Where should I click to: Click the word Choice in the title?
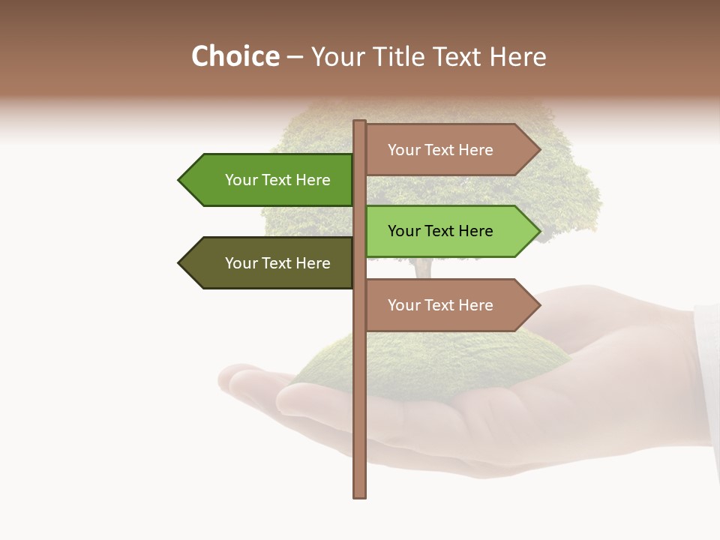[x=235, y=57]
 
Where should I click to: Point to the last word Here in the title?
[x=517, y=57]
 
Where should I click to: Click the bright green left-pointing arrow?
[x=270, y=180]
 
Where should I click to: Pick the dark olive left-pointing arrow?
[x=270, y=263]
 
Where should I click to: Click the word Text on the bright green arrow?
[x=278, y=180]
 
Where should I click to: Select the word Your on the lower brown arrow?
[x=403, y=305]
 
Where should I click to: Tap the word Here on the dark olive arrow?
[x=313, y=263]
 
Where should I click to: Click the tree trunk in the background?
[x=423, y=268]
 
